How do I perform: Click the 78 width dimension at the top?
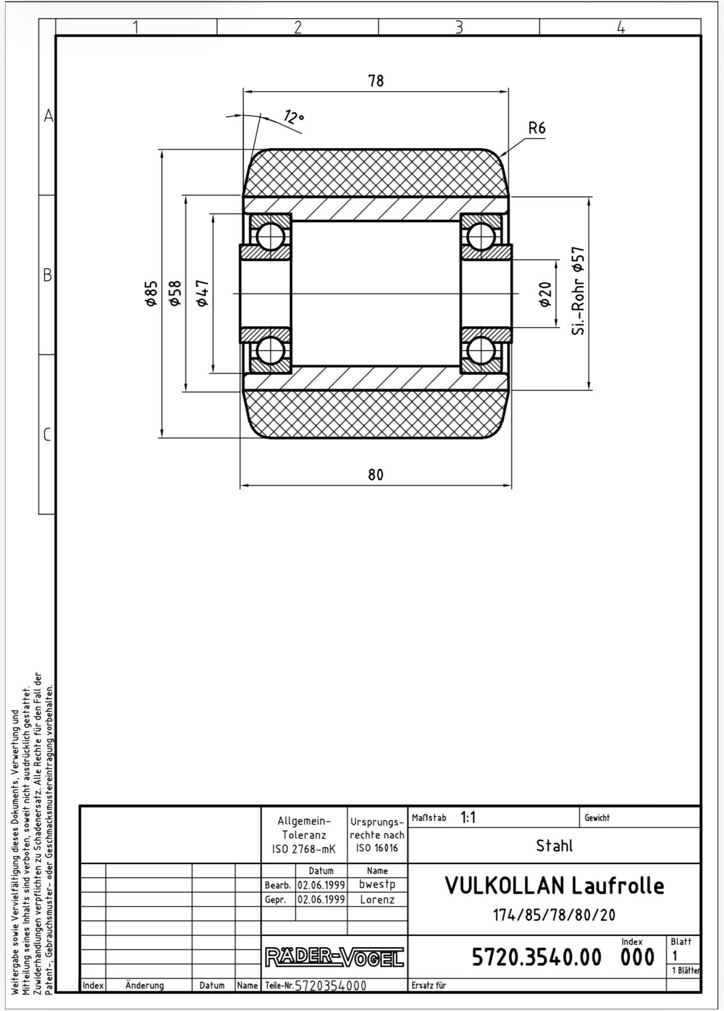[376, 81]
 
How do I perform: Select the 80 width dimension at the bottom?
[375, 474]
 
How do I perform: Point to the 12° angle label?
[294, 117]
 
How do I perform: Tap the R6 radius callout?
[537, 128]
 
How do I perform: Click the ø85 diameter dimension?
[150, 294]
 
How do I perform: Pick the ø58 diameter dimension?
[175, 294]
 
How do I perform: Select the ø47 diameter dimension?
[203, 294]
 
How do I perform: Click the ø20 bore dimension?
[545, 294]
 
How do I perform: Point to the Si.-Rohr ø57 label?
[579, 291]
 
